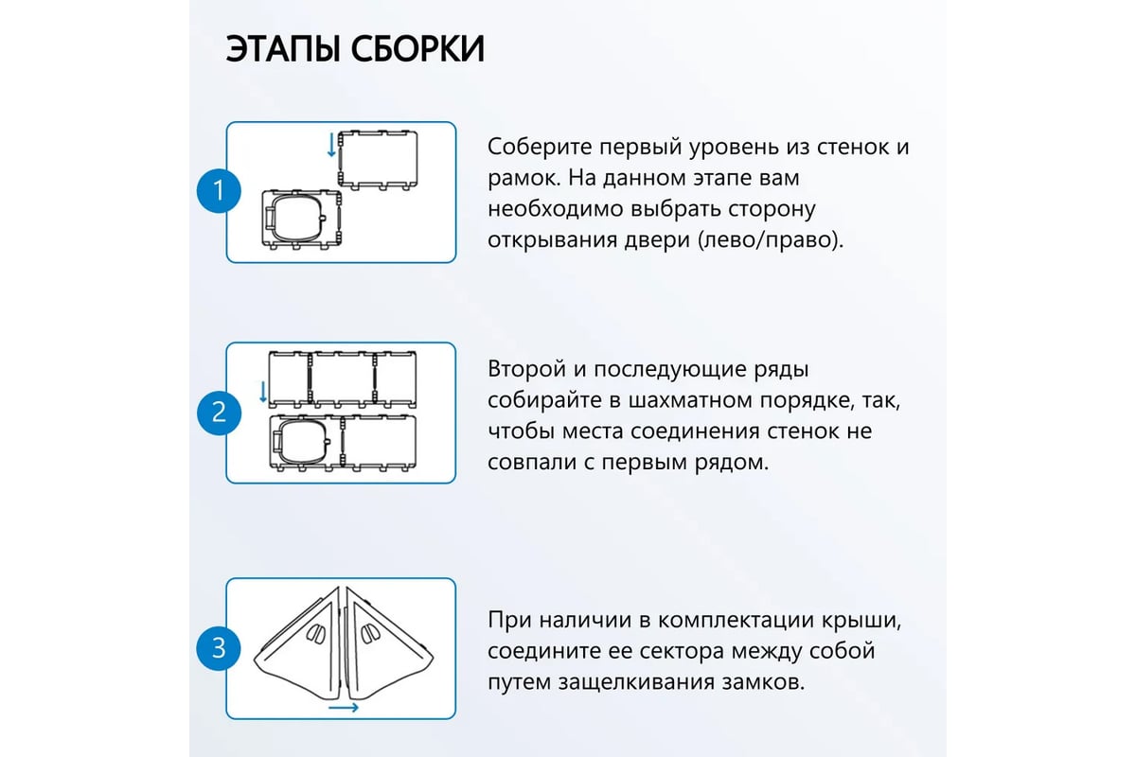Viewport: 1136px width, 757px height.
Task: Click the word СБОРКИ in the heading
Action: click(417, 48)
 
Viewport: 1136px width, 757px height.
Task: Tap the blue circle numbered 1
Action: click(219, 190)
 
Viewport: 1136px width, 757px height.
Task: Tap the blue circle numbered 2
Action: click(219, 413)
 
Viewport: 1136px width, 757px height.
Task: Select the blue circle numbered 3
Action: click(219, 648)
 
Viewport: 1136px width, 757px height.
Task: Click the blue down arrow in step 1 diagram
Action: click(331, 145)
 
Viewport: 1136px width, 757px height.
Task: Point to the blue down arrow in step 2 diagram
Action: click(263, 392)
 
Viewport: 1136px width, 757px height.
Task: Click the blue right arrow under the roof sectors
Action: click(344, 707)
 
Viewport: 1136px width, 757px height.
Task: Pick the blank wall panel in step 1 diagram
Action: click(379, 161)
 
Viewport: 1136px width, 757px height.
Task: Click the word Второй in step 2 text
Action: click(526, 369)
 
